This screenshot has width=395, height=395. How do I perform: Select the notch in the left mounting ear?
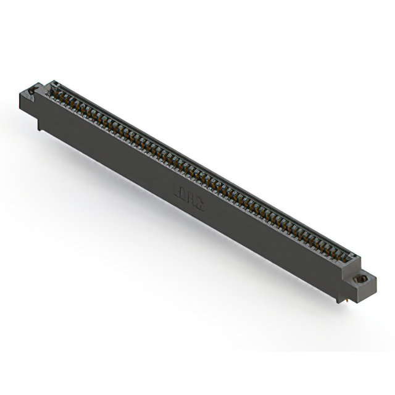point(31,92)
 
